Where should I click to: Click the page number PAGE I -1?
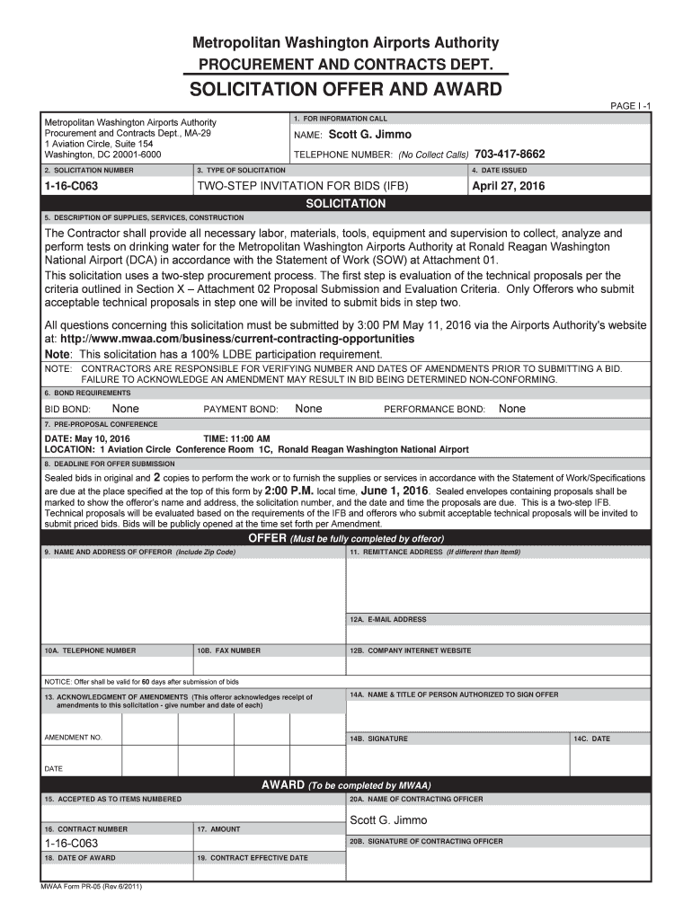pyautogui.click(x=631, y=106)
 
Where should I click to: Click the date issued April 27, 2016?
pyautogui.click(x=509, y=187)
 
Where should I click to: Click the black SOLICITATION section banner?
pyautogui.click(x=346, y=204)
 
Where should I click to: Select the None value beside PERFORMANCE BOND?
pyautogui.click(x=512, y=409)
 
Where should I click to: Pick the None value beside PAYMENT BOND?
pyautogui.click(x=308, y=409)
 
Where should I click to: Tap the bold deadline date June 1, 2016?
pyautogui.click(x=395, y=491)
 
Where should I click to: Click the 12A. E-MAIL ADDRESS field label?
pyautogui.click(x=388, y=620)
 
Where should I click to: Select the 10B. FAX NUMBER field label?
pyautogui.click(x=229, y=650)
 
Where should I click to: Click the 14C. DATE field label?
pyautogui.click(x=591, y=739)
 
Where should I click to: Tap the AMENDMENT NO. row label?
pyautogui.click(x=73, y=738)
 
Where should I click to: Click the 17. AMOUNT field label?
pyautogui.click(x=218, y=829)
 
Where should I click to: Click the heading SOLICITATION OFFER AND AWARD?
pyautogui.click(x=346, y=90)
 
